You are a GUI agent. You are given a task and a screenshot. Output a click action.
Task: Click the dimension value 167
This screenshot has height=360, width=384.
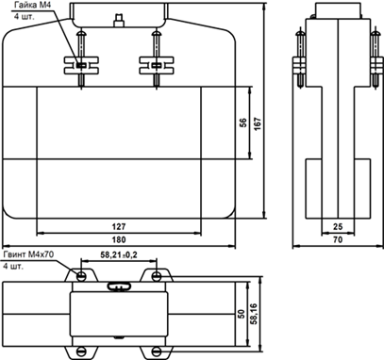(x=258, y=124)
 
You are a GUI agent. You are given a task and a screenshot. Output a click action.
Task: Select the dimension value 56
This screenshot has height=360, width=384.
(x=243, y=123)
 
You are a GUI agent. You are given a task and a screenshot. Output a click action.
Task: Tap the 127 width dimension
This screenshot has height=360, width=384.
(x=119, y=226)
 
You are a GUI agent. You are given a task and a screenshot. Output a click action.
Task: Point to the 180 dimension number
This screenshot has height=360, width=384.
(x=119, y=239)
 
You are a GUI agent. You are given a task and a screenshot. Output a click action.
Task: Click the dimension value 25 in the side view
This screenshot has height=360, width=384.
(x=338, y=226)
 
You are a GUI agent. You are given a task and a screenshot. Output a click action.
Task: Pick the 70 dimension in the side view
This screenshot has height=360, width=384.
(x=338, y=239)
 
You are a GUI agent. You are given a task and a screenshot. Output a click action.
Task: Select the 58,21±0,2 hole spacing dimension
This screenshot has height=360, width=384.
(x=119, y=254)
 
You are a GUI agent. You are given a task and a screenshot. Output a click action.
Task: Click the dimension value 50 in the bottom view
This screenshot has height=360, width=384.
(x=242, y=314)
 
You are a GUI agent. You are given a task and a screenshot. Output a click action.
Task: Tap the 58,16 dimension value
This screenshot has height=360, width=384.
(x=254, y=314)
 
